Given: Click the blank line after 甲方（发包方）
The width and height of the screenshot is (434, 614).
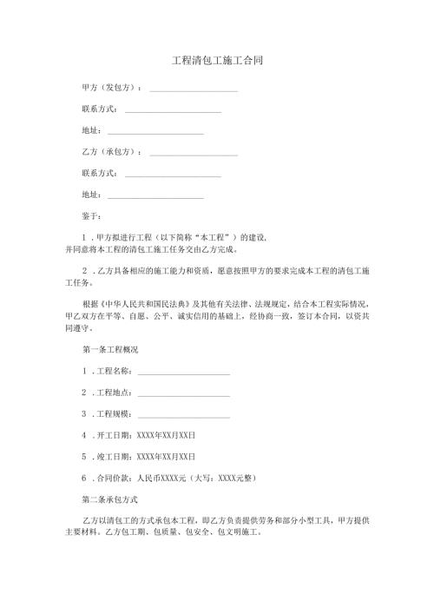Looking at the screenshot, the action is coord(194,91).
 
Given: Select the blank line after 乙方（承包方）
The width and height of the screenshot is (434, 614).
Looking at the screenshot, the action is coord(194,154).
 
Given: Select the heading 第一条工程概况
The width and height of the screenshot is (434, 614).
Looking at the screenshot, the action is coord(109,350).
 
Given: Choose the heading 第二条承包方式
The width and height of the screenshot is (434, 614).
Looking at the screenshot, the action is coord(109,500).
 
